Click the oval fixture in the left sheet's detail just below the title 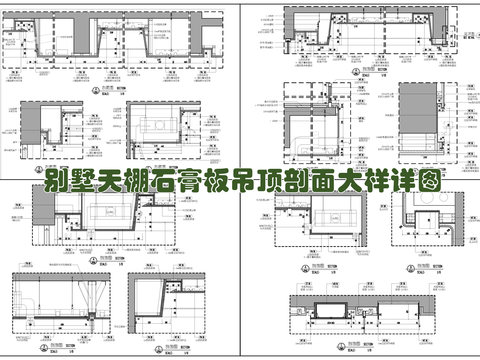tap(107, 212)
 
